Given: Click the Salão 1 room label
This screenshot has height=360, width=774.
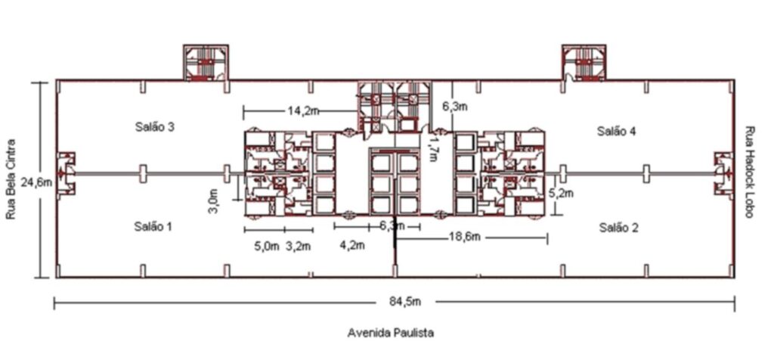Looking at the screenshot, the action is coord(153,227).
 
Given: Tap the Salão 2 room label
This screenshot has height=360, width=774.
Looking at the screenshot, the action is coord(619,228).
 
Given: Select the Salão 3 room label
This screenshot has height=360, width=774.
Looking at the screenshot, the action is coord(154,127).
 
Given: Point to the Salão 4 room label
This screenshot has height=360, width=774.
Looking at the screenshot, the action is coord(617,132).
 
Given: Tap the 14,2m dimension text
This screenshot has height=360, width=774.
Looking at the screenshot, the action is coord(303,111).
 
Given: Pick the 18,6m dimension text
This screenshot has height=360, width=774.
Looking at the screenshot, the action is coord(465,237).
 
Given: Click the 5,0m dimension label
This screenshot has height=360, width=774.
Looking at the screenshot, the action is coord(267,246).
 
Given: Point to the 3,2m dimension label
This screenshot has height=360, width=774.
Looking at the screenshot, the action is coord(299,246).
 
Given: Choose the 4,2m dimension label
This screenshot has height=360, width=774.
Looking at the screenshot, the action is coord(352,245).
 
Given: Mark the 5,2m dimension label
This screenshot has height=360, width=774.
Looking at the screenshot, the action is coord(562,193).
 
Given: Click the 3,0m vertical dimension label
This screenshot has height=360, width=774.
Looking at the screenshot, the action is coord(212,203).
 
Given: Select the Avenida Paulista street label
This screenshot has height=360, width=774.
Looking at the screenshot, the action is coord(391,333).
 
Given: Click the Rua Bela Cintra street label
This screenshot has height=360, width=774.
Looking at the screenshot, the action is coord(11,179).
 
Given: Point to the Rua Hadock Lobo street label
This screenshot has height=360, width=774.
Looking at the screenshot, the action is coord(749,172).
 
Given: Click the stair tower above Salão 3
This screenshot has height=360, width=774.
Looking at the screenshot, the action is coord(206,62).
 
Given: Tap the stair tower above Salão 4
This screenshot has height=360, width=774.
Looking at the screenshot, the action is coord(584,62).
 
